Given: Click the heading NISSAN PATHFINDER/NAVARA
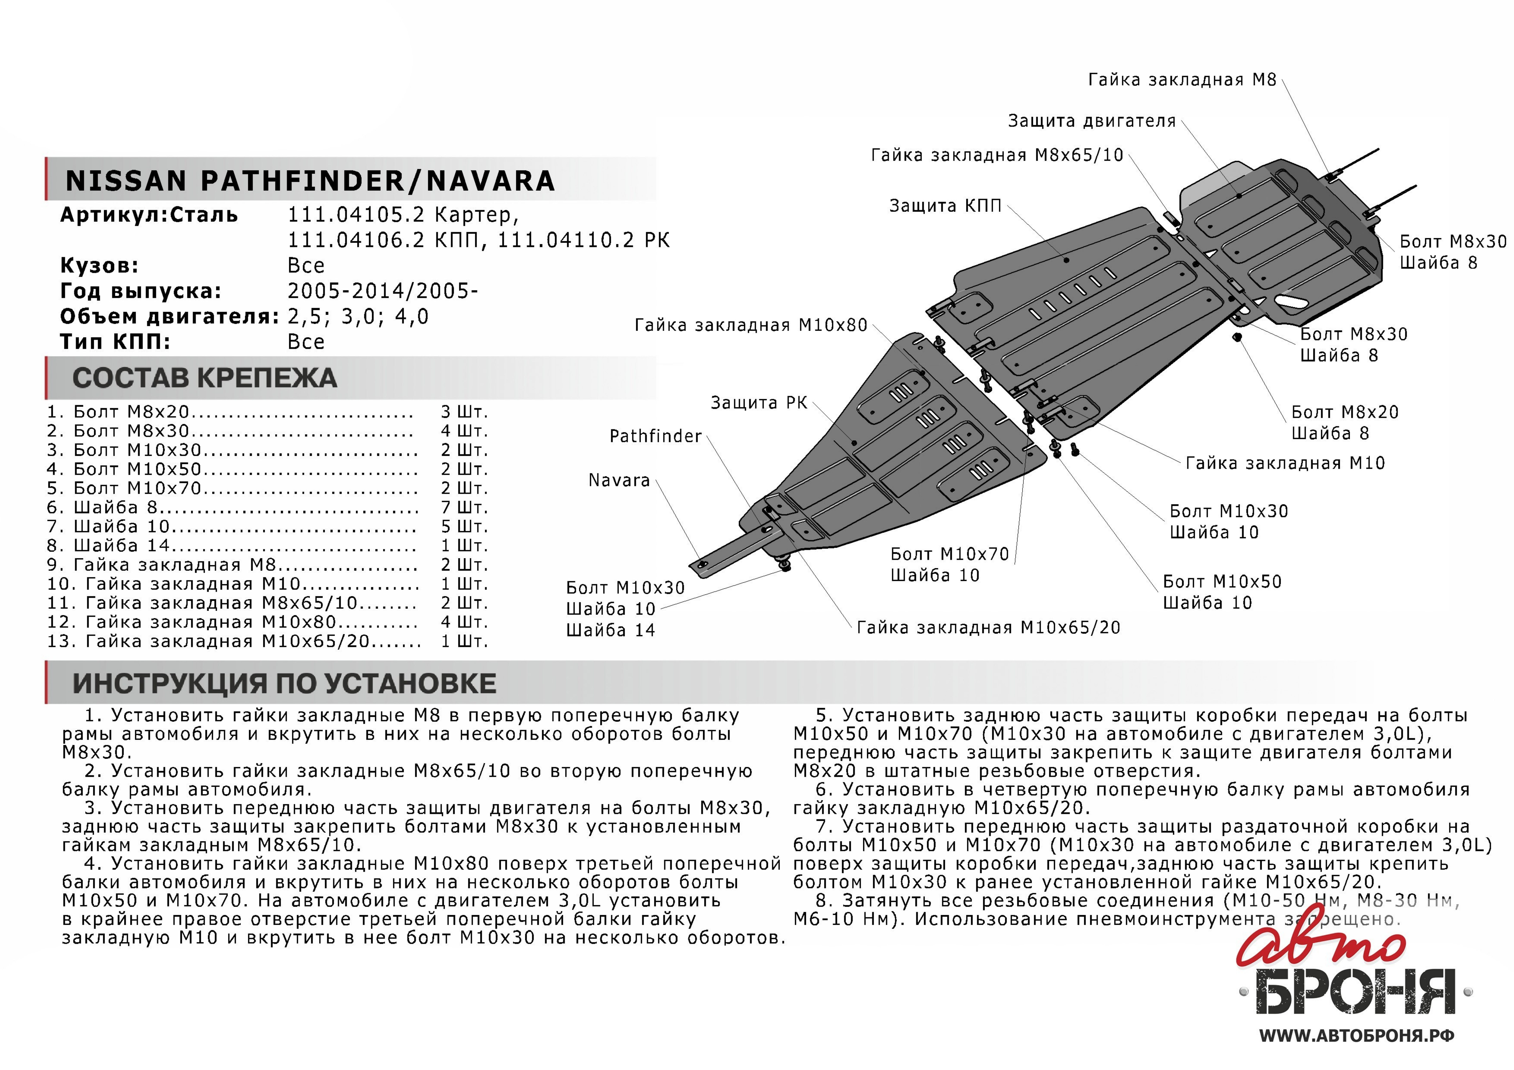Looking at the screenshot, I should tap(310, 181).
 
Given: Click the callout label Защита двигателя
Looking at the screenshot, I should tap(1091, 121).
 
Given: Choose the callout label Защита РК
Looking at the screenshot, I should tap(758, 403).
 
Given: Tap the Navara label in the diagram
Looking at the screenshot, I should tap(619, 481).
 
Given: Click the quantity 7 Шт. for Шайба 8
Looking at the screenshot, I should tap(464, 508).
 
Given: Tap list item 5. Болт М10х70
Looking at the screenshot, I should tap(232, 489).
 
